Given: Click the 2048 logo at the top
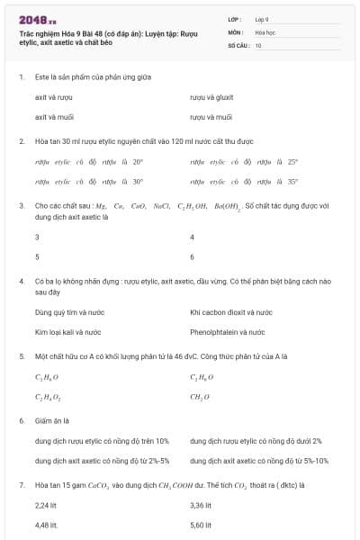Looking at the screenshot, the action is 38,19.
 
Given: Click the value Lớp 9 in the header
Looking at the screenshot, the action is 262,19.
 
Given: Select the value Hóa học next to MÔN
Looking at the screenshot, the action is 265,31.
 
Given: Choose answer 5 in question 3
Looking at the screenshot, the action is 37,256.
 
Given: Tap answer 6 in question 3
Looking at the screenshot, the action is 193,256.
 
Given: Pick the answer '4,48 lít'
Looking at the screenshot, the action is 46,525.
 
